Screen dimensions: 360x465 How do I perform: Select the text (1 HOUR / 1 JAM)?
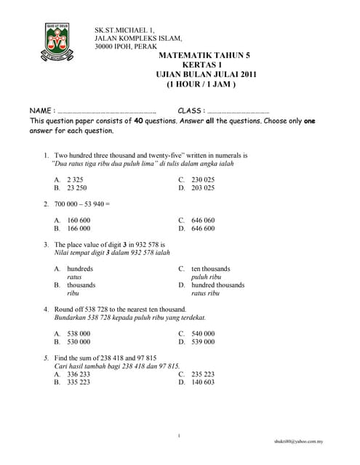click(201, 84)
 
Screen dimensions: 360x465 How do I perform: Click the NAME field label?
click(42, 110)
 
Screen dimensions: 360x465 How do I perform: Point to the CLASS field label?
click(191, 110)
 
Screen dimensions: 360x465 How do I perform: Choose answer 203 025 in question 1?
click(203, 187)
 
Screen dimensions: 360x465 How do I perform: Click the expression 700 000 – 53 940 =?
click(81, 203)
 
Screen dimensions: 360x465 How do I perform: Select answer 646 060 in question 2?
click(203, 219)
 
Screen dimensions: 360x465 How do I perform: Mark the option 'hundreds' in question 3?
click(80, 268)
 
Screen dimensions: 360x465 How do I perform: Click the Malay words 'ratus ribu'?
click(206, 294)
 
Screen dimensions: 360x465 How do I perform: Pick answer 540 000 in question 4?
click(203, 333)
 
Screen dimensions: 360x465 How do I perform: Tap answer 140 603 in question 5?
click(203, 382)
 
